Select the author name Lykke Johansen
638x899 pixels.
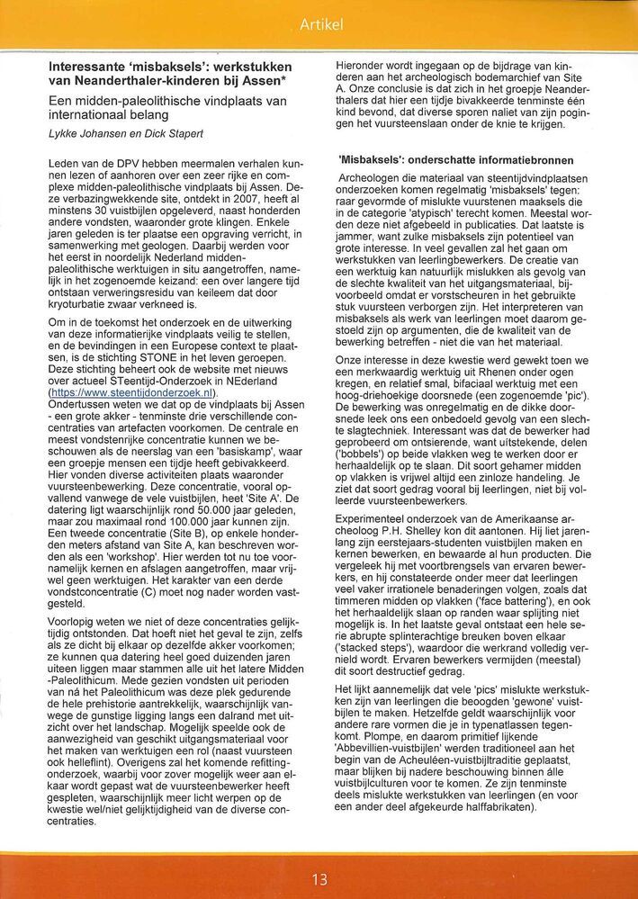pos(90,132)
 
